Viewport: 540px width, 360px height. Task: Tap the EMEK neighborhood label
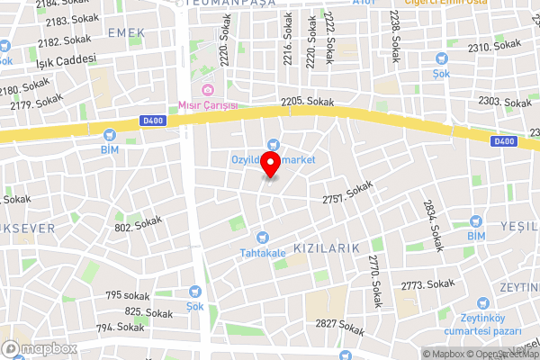[125, 32]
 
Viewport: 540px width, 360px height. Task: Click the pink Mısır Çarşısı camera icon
[208, 89]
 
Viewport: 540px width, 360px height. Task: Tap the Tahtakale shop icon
[262, 238]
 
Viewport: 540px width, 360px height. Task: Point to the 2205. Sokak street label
[307, 103]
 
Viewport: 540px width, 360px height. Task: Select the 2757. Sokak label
[347, 189]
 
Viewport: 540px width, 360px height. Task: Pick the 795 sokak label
[127, 295]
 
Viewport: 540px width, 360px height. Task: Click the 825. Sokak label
[148, 312]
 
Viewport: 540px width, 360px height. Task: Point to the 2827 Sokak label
[340, 325]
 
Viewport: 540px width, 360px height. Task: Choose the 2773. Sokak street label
[427, 284]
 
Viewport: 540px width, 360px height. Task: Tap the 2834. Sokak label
[434, 225]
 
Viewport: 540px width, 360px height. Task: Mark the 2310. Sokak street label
[494, 46]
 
